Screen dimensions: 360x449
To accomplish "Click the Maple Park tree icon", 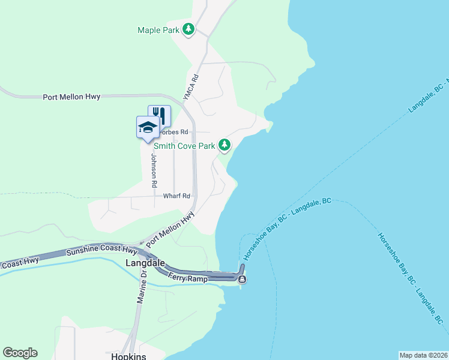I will pyautogui.click(x=188, y=29).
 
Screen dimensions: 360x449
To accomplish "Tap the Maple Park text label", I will pyautogui.click(x=158, y=30).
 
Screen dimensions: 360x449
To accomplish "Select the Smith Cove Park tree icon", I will pyautogui.click(x=224, y=145).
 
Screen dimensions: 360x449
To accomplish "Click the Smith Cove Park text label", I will pyautogui.click(x=184, y=146).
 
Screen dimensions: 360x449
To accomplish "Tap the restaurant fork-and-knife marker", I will pyautogui.click(x=159, y=114).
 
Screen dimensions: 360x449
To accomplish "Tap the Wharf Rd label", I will pyautogui.click(x=176, y=196).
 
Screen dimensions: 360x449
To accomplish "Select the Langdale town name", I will pyautogui.click(x=145, y=263).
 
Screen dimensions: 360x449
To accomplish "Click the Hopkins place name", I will pyautogui.click(x=129, y=355).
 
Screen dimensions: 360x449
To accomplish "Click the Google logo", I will pyautogui.click(x=20, y=353).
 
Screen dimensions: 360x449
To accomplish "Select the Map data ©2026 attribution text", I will pyautogui.click(x=423, y=355).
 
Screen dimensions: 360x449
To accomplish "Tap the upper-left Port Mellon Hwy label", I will pyautogui.click(x=71, y=97).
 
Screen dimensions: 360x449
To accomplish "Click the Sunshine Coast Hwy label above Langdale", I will pyautogui.click(x=102, y=250).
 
